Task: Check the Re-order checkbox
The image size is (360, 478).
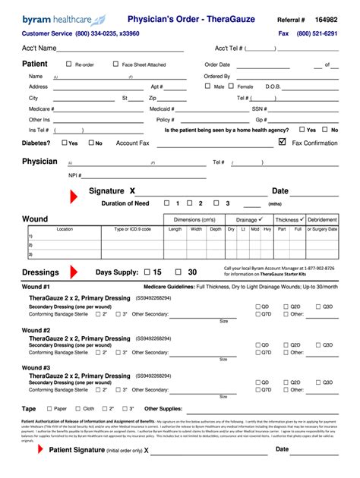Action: point(69,64)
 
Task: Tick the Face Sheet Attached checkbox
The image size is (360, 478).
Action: point(115,64)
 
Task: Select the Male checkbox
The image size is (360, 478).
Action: point(208,86)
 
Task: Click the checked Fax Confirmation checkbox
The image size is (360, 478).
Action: point(283,142)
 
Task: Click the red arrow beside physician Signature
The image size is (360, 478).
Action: point(73,197)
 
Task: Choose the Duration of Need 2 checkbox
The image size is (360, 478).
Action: point(191,203)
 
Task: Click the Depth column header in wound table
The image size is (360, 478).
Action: point(216,228)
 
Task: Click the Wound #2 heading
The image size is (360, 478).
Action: point(36,331)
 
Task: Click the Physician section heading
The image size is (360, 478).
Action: point(39,162)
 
